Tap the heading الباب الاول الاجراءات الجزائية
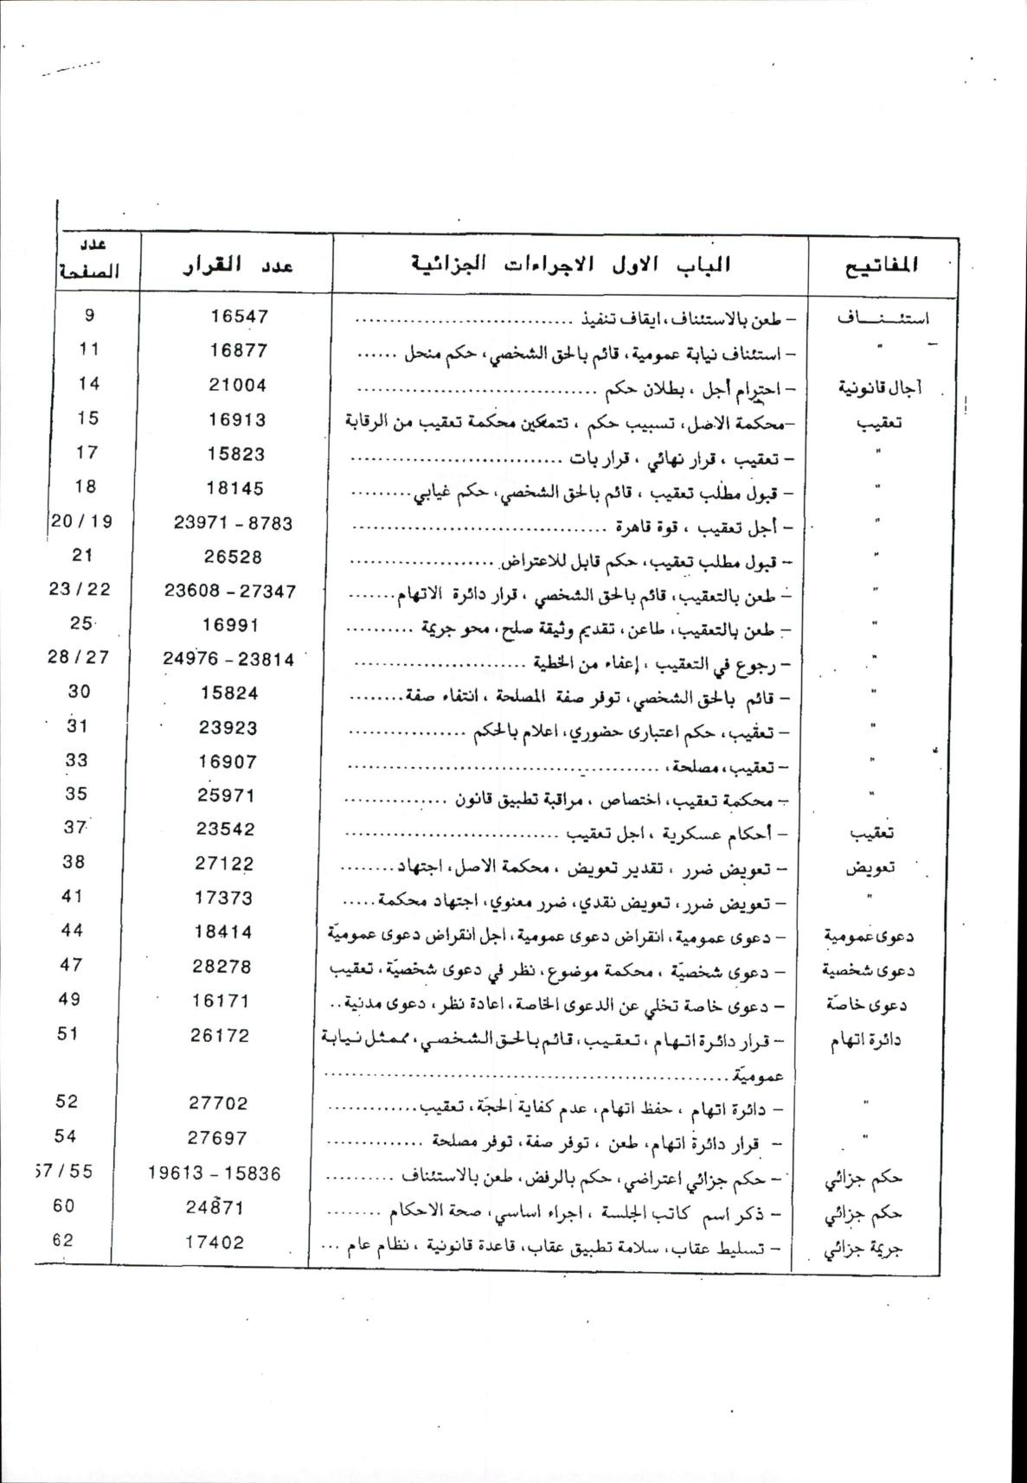pos(570,264)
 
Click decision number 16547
pos(239,316)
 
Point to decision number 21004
pos(238,385)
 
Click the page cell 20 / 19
pos(82,521)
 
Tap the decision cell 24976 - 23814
pos(229,659)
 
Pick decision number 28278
pos(221,966)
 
